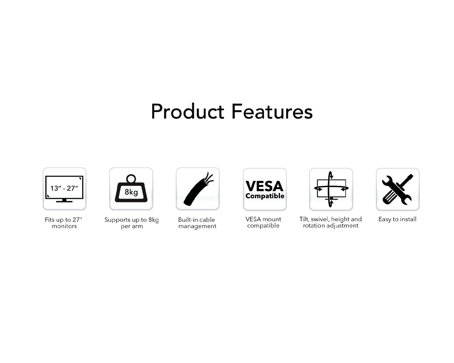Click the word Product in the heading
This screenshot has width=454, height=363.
(x=187, y=111)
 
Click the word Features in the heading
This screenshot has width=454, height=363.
(x=272, y=111)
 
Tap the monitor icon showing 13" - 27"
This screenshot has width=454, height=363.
(x=64, y=189)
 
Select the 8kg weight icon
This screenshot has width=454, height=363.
(x=131, y=188)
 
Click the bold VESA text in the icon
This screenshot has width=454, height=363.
(x=264, y=186)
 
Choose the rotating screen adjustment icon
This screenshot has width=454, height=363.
(x=331, y=189)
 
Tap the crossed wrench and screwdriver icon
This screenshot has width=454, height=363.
(x=397, y=189)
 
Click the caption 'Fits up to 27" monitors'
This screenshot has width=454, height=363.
(x=64, y=223)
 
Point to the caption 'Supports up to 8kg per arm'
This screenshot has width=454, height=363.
(x=131, y=223)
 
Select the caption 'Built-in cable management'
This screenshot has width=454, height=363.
(x=197, y=223)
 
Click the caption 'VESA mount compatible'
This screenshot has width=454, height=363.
(x=263, y=222)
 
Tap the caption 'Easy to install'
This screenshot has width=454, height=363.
(x=397, y=219)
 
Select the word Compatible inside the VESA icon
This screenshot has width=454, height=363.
(x=265, y=196)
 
